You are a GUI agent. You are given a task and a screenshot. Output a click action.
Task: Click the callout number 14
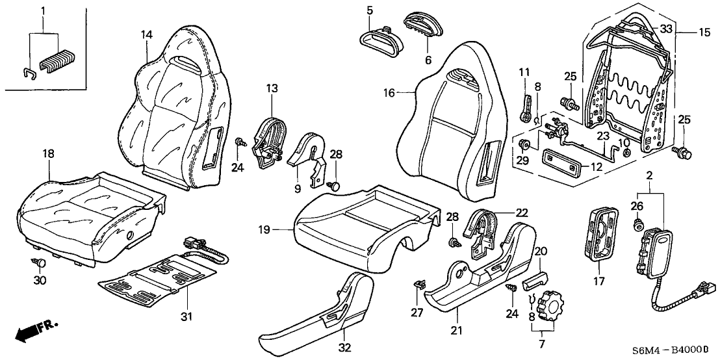(x=146, y=34)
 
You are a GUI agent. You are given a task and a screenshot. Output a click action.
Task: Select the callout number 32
(x=344, y=348)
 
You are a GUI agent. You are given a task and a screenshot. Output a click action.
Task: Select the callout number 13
(x=272, y=88)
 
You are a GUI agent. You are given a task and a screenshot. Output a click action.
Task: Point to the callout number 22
(x=521, y=212)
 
